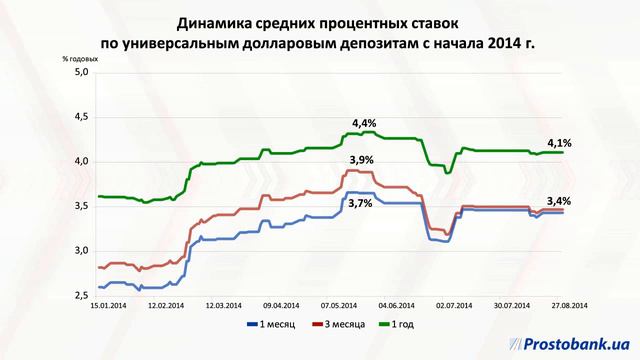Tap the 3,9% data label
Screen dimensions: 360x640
[361, 160]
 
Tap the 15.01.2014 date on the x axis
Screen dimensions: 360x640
[106, 305]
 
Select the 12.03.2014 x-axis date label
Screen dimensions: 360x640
[223, 305]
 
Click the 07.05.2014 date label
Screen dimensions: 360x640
[339, 305]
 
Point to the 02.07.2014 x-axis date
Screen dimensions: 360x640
[456, 305]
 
